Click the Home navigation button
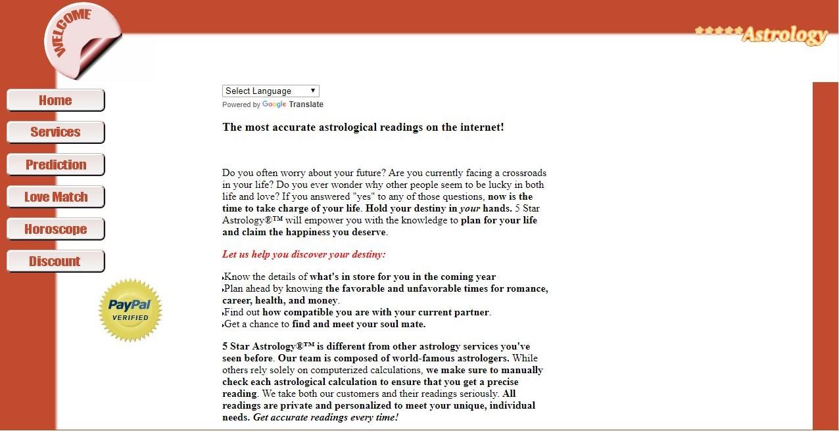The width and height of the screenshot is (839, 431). point(55,101)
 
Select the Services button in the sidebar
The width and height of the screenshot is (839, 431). point(55,132)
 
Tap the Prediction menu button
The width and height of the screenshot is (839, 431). point(56,165)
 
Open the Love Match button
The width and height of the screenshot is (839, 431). point(56,197)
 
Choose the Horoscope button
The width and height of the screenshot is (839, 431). point(56,229)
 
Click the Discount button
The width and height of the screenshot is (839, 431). point(55,261)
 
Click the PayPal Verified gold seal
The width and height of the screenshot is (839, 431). point(130,310)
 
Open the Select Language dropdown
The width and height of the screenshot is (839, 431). point(270,91)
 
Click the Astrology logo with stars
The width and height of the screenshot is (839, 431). point(761,34)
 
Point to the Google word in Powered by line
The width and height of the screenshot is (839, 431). point(274,104)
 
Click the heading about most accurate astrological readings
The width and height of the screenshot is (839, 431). point(363,127)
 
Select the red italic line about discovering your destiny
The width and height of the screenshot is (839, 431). point(304,254)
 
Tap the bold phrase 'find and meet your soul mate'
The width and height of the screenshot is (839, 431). point(359,324)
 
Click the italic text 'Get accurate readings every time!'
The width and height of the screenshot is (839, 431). point(325,417)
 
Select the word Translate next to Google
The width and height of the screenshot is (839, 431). point(306,104)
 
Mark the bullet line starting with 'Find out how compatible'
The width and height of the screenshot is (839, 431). point(357,312)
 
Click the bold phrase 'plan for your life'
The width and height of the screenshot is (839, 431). point(499,220)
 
